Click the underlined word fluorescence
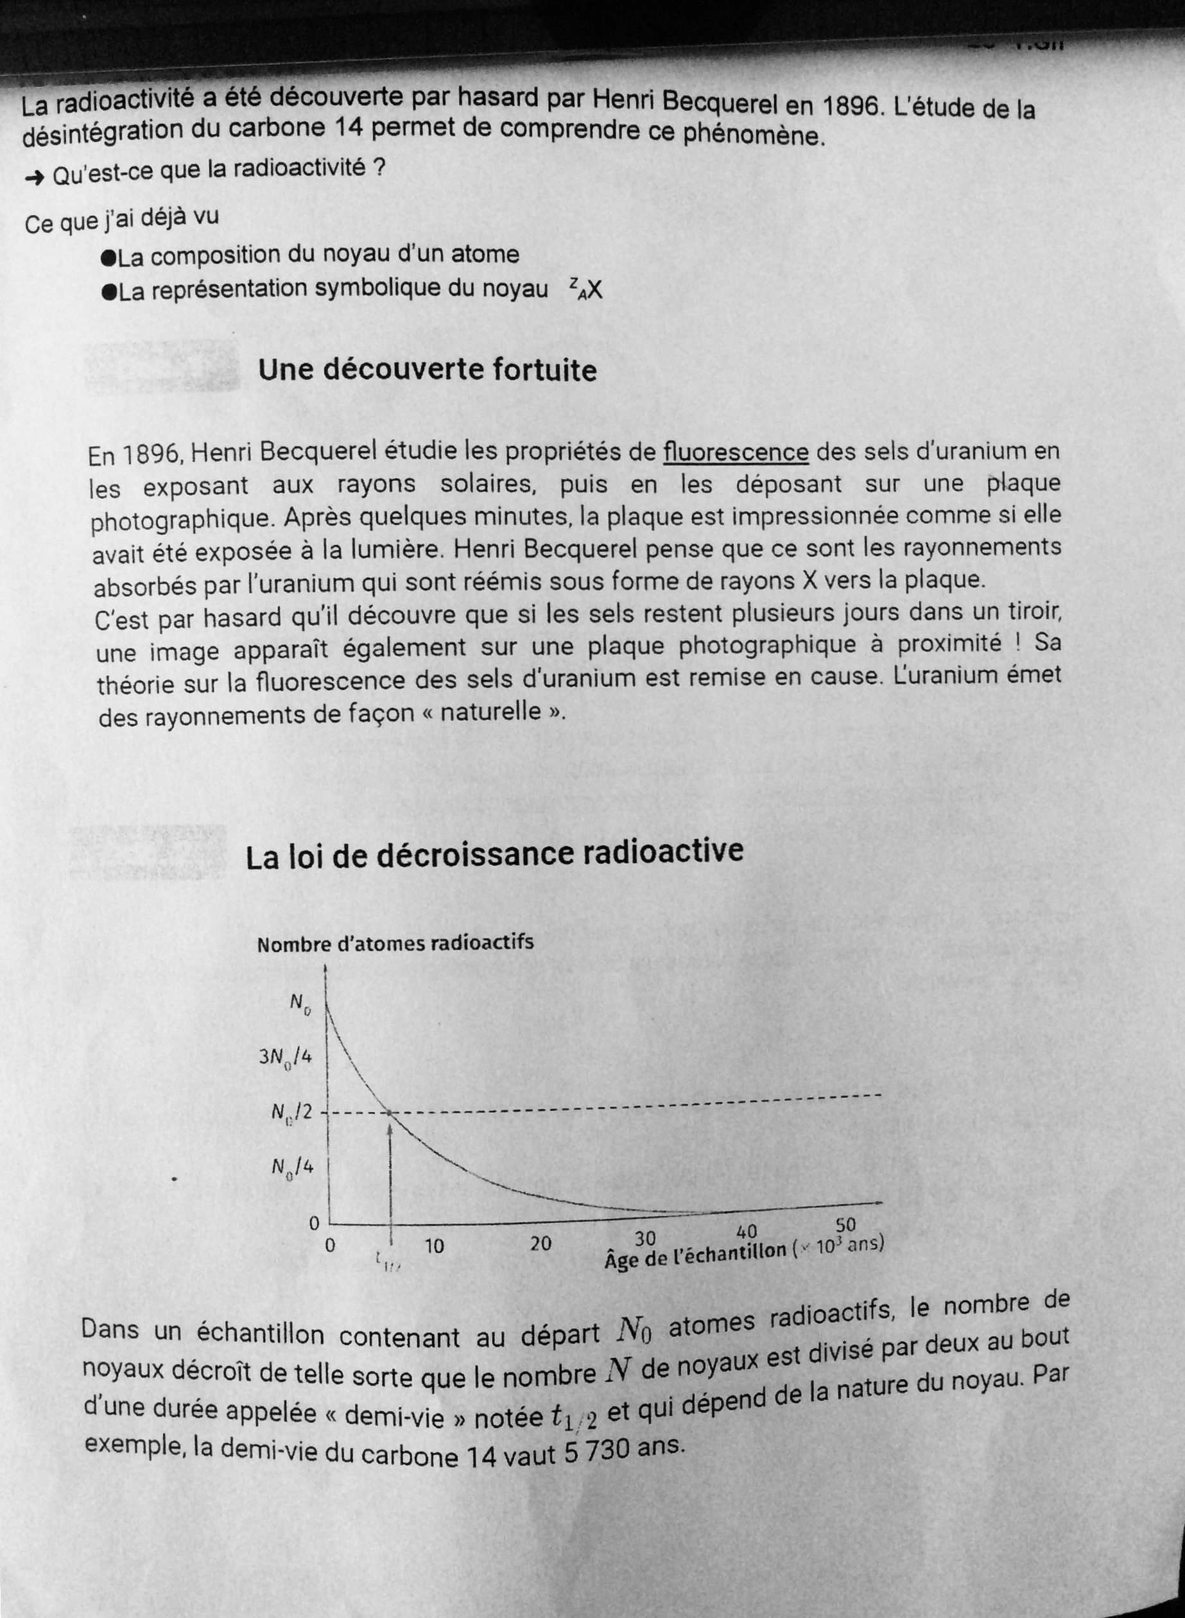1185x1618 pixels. point(735,452)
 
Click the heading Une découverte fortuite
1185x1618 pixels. point(427,370)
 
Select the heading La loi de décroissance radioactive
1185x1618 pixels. point(494,854)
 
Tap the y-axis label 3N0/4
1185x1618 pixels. point(286,1058)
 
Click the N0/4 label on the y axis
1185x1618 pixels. point(293,1167)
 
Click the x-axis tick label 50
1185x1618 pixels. point(847,1225)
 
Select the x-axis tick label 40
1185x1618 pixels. point(747,1232)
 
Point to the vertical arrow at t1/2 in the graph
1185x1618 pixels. point(390,1176)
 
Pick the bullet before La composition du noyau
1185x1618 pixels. point(109,257)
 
